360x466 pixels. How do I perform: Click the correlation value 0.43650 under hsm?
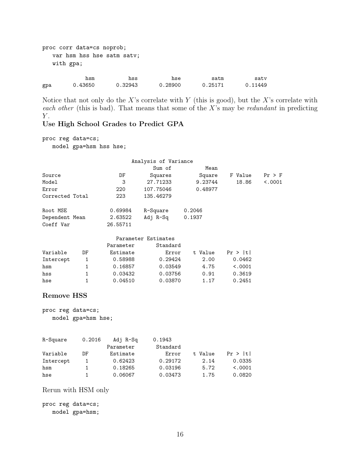[84, 85]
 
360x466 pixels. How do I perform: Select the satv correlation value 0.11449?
[256, 85]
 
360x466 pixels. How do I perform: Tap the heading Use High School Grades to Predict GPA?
[113, 124]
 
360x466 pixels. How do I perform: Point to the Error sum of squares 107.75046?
[158, 189]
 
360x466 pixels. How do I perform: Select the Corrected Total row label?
[65, 196]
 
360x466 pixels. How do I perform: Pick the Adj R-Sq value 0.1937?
[193, 217]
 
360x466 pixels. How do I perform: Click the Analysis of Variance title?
[162, 161]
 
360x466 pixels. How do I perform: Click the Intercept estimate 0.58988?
[124, 260]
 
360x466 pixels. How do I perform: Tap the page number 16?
[180, 434]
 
